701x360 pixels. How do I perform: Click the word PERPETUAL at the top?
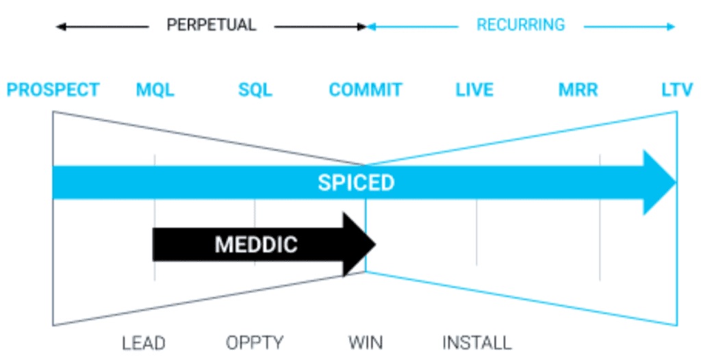tap(211, 25)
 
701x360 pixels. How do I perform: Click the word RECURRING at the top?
tap(520, 25)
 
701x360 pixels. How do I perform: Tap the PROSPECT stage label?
tap(53, 90)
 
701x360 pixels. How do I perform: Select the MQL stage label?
tap(155, 90)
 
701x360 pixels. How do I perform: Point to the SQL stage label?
tap(255, 90)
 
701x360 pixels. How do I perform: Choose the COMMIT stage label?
tap(365, 90)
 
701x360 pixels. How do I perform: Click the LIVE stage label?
tap(474, 90)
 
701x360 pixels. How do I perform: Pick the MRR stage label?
tap(578, 90)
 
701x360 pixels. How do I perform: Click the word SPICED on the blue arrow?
tap(356, 183)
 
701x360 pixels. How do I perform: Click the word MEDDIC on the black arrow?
tap(256, 244)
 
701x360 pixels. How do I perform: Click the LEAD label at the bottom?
tap(144, 342)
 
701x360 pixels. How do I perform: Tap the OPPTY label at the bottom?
tap(255, 342)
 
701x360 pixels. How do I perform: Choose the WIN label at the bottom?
tap(365, 342)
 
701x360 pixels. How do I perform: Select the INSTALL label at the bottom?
tap(476, 342)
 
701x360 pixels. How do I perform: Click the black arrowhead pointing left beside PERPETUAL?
tap(60, 27)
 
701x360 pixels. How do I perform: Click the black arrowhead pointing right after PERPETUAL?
tap(362, 27)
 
